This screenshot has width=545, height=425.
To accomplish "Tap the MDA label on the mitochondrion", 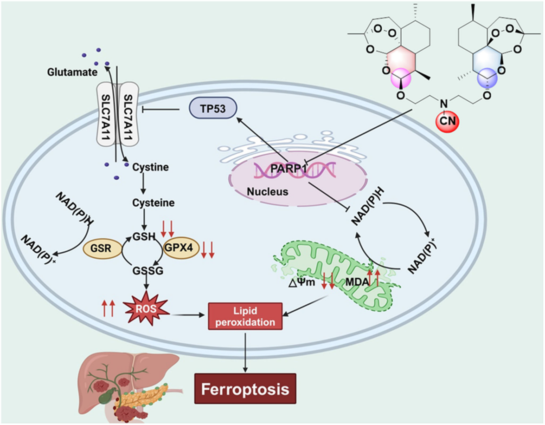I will point(357,281).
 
